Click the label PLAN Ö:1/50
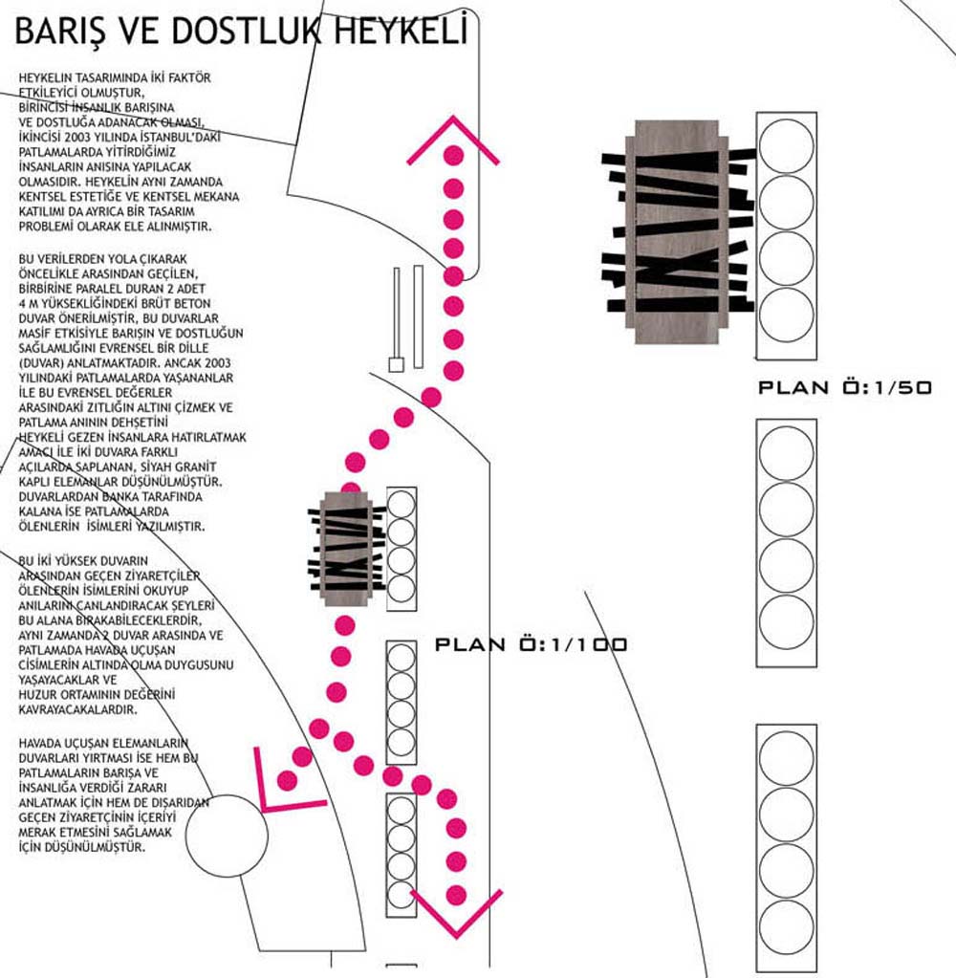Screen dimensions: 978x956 click(844, 388)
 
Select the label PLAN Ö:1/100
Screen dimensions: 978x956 click(532, 645)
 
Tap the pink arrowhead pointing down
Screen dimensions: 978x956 click(456, 912)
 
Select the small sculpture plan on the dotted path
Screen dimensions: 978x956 click(345, 549)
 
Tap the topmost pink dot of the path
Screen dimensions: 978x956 click(454, 153)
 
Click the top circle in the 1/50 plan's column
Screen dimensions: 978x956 click(786, 145)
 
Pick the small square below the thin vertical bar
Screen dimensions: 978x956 click(395, 364)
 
